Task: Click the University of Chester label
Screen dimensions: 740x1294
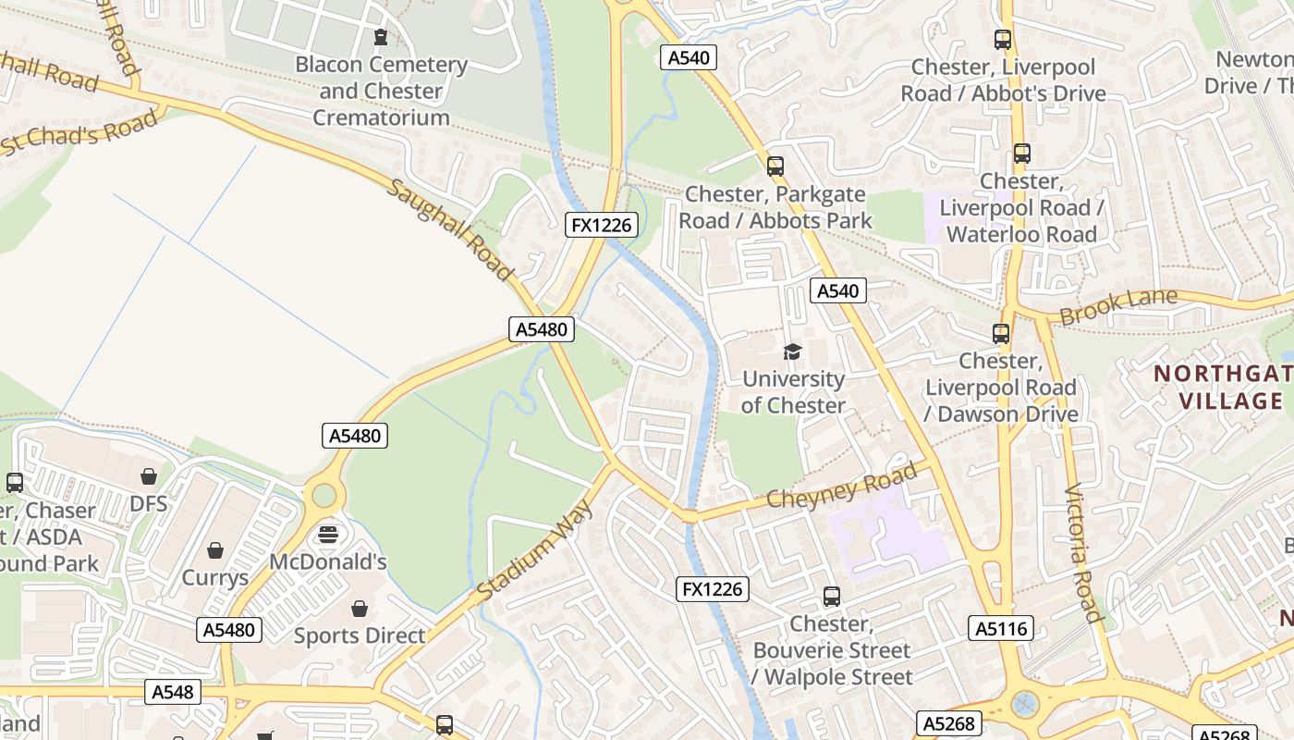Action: tap(793, 392)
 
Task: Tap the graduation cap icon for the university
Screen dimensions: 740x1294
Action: tap(792, 351)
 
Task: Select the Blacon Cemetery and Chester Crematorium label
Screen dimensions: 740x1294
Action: tap(381, 91)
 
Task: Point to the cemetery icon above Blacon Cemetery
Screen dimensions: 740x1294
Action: tap(380, 38)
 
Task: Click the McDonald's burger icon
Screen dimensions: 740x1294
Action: tap(328, 535)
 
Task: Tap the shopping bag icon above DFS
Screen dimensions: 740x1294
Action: tap(149, 476)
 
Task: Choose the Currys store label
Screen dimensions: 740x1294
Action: tap(215, 577)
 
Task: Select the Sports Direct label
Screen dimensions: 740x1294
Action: tap(360, 635)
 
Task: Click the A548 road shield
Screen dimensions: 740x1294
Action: tap(173, 691)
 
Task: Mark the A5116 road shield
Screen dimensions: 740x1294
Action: tap(1002, 629)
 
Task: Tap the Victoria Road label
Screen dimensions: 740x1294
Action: tap(1082, 554)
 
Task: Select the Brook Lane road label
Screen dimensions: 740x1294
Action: tap(1118, 306)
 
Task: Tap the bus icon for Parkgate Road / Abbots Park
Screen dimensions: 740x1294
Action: tap(775, 166)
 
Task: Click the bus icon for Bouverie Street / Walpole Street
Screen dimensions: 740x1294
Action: tap(832, 597)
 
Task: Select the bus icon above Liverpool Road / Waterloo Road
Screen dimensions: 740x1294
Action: tap(1021, 154)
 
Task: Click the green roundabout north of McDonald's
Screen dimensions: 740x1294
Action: tap(323, 495)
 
